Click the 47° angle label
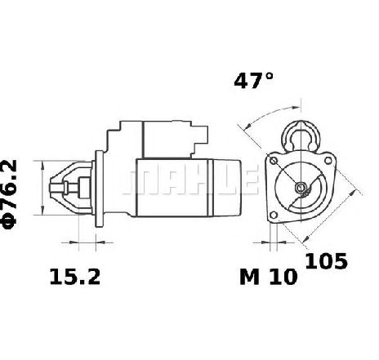[x=253, y=81]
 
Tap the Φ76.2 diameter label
[x=10, y=194]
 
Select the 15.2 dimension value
[x=75, y=277]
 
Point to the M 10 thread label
[x=269, y=277]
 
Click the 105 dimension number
[x=326, y=261]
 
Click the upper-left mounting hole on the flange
[x=274, y=160]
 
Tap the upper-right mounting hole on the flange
[x=328, y=161]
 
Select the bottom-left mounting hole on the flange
[x=274, y=216]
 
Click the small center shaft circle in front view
[x=301, y=187]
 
